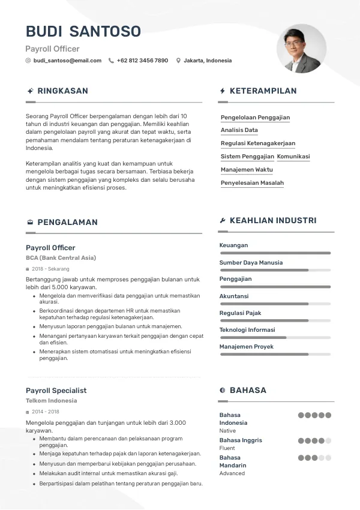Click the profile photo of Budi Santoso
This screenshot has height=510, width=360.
pos(301,49)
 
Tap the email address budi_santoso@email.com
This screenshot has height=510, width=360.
pos(67,61)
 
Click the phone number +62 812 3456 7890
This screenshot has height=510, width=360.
pos(142,61)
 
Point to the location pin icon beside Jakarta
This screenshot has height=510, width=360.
pos(178,61)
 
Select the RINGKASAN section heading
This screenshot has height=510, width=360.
pos(62,91)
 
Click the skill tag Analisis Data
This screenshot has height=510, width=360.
pos(239,130)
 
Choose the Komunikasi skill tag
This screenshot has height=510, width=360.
pos(293,157)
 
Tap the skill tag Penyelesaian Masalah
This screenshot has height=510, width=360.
pos(252,183)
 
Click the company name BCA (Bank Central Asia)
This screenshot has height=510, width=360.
pos(61,258)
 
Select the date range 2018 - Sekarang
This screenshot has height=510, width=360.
pos(50,269)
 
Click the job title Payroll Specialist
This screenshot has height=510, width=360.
pos(56,391)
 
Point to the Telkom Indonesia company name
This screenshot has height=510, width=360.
pos(51,401)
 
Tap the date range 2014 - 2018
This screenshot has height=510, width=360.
pos(46,412)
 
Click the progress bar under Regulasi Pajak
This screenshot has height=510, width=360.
pos(275,321)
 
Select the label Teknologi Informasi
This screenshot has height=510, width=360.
pos(247,330)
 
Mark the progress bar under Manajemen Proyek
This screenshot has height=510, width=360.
pos(275,355)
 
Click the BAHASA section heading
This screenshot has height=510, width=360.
pos(248,391)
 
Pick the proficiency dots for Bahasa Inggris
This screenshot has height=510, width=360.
pos(314,440)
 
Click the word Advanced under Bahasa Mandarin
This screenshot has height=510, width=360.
pos(232,473)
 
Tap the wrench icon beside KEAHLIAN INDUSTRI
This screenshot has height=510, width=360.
pos(223,221)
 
